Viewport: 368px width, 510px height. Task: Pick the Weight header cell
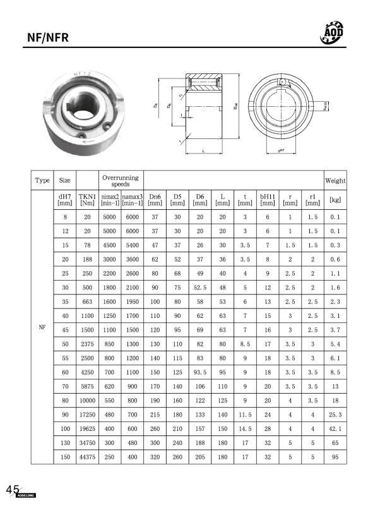(x=335, y=180)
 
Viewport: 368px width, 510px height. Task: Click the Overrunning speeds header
(x=120, y=180)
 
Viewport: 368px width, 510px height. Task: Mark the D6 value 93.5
(x=199, y=372)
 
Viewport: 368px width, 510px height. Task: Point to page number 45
(x=12, y=490)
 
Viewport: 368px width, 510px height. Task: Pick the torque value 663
(x=87, y=302)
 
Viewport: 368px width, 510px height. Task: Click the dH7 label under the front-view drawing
(x=282, y=152)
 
